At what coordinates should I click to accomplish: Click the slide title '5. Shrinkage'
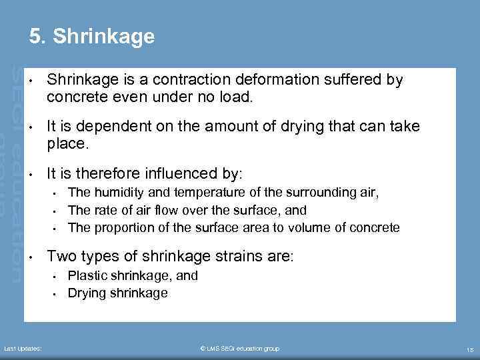point(92,36)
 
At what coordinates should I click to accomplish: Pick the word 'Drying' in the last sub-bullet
point(86,293)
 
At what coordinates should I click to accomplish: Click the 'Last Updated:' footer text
point(23,349)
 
